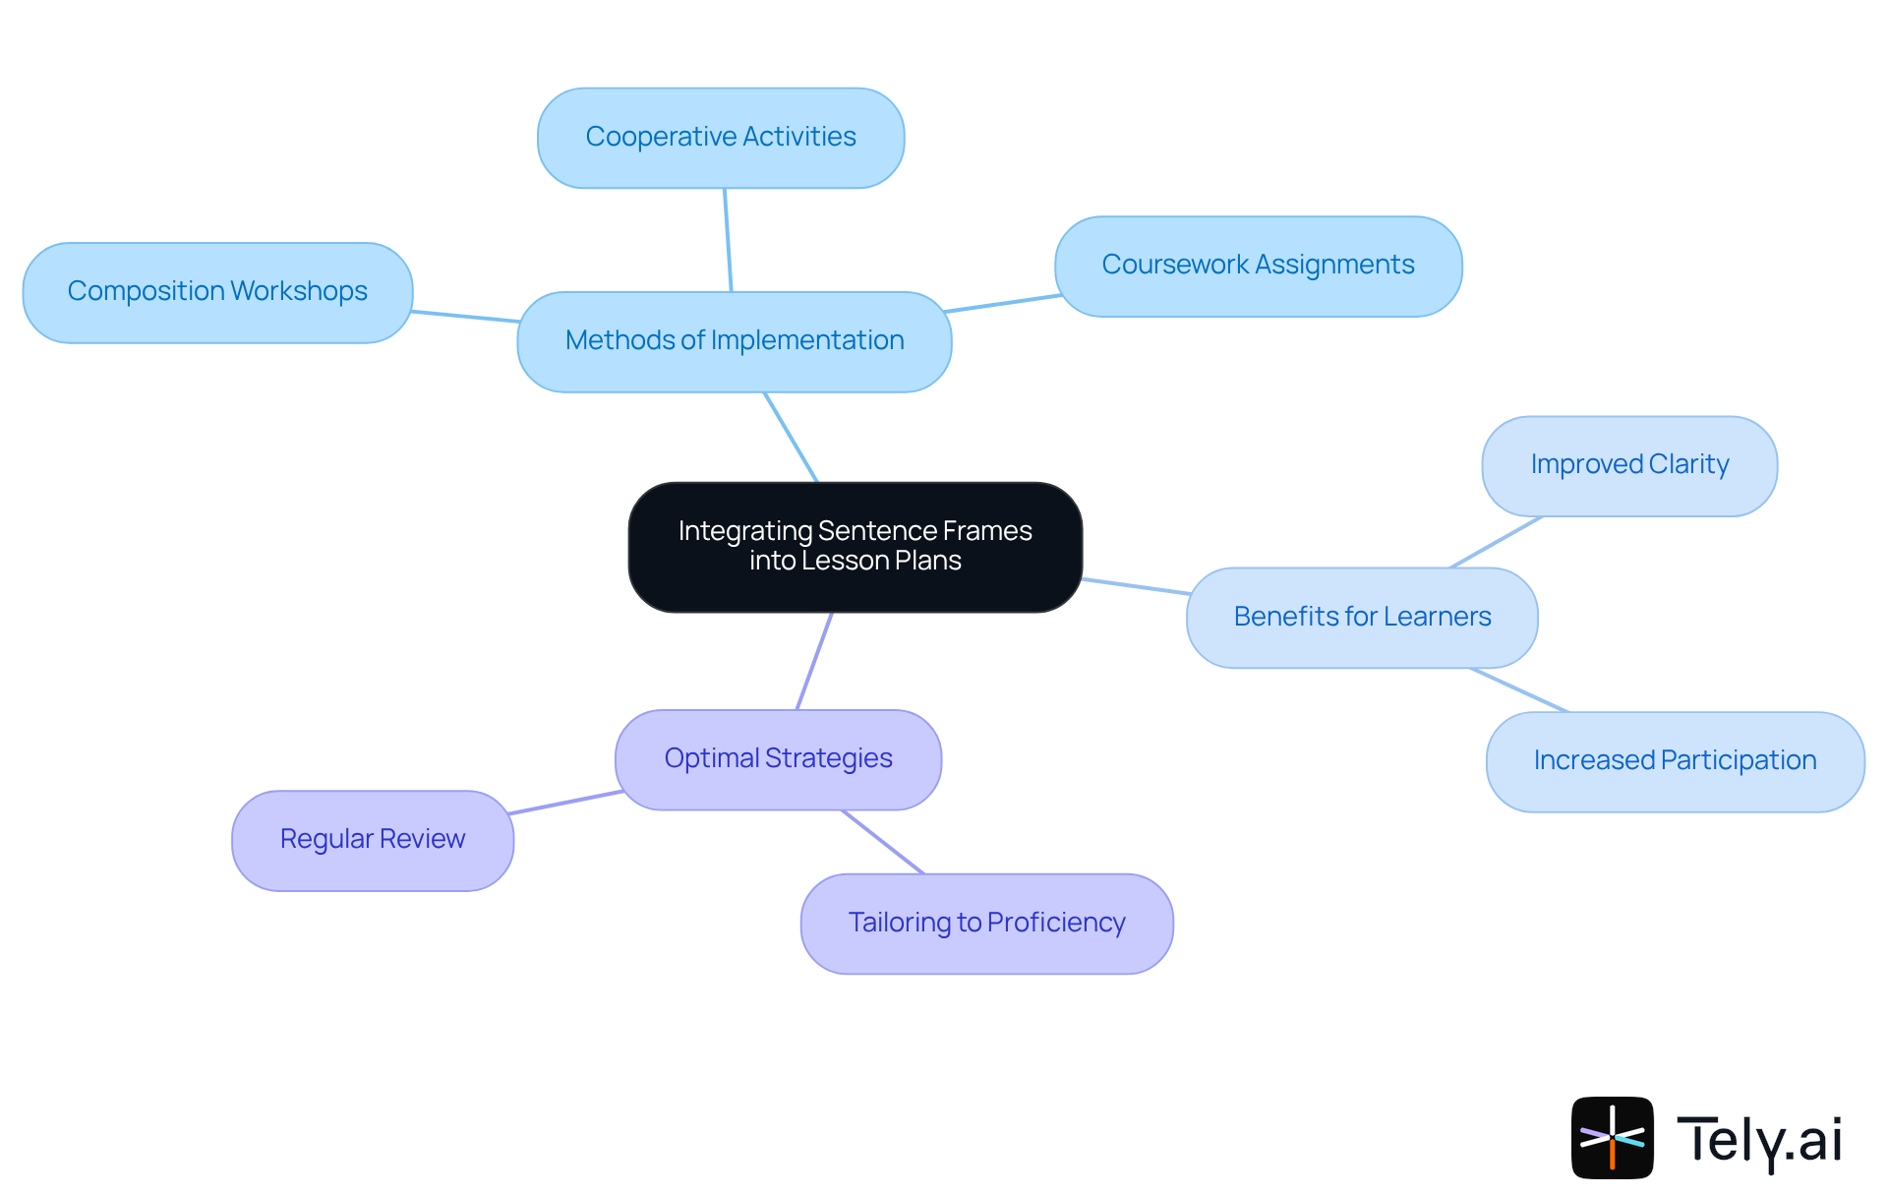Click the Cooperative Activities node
tap(721, 138)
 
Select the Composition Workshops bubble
tap(217, 292)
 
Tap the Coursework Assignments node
tap(1258, 266)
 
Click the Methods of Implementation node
tap(734, 341)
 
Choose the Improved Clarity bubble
tap(1629, 465)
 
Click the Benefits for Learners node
tap(1362, 618)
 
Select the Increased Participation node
tap(1675, 761)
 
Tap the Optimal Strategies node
tap(778, 759)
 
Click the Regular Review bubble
tap(372, 840)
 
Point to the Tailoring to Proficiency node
tap(986, 924)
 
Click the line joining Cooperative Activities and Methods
tap(728, 240)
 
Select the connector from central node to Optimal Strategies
tap(814, 661)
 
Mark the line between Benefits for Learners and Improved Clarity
tap(1496, 542)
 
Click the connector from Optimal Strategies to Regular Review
tap(565, 802)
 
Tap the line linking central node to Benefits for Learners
tap(1136, 586)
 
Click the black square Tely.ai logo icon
tap(1612, 1137)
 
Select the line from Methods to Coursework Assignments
tap(1002, 303)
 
